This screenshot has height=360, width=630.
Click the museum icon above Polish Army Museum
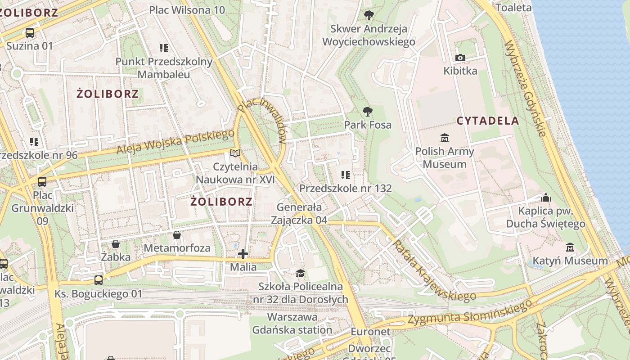click(x=445, y=137)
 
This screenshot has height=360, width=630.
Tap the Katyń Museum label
click(x=570, y=261)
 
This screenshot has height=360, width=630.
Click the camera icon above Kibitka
click(x=460, y=58)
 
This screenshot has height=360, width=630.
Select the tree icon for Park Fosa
click(x=368, y=111)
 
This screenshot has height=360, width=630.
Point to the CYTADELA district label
click(x=488, y=121)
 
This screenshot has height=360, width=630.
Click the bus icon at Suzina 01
click(x=30, y=32)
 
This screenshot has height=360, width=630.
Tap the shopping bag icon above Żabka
click(x=116, y=244)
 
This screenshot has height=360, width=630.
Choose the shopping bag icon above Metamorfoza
click(x=177, y=235)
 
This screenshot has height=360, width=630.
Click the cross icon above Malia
click(x=243, y=254)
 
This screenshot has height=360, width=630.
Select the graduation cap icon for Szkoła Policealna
click(x=300, y=273)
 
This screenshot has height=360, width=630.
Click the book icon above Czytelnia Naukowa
click(x=235, y=153)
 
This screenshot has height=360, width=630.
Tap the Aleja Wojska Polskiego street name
click(x=175, y=142)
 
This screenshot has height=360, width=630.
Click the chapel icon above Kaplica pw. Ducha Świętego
click(x=545, y=198)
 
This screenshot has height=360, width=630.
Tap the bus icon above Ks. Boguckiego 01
click(x=99, y=280)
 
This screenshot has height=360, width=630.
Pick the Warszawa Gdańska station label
click(x=292, y=324)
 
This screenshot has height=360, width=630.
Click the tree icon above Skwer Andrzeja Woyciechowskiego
click(x=369, y=15)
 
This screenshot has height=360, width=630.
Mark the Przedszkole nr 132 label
click(x=346, y=188)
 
